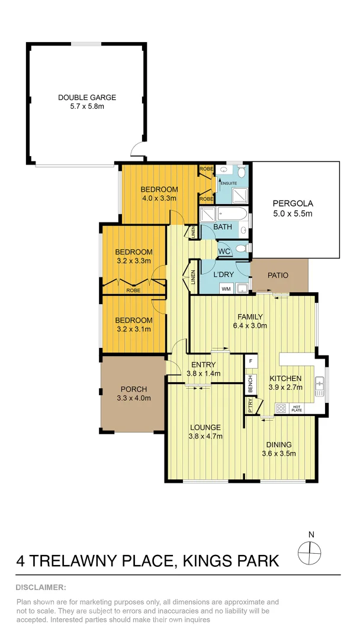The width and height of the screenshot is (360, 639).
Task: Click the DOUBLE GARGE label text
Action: (x=86, y=98)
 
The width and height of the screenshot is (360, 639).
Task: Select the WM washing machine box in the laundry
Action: (x=226, y=289)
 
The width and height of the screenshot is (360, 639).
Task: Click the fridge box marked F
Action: (x=251, y=360)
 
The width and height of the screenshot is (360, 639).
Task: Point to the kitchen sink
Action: (x=320, y=386)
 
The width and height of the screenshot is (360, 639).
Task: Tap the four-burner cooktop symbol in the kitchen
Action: (x=281, y=408)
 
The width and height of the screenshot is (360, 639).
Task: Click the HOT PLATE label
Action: (x=297, y=408)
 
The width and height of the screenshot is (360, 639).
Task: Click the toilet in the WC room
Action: (x=239, y=248)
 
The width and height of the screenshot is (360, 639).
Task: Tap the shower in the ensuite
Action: (x=207, y=214)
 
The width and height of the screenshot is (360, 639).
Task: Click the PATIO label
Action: (x=278, y=275)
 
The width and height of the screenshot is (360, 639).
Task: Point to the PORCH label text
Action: (x=133, y=389)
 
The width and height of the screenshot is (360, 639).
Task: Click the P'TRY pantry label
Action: (x=250, y=405)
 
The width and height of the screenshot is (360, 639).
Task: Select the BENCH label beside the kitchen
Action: (x=250, y=382)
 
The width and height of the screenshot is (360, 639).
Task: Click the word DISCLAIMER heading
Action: (x=41, y=588)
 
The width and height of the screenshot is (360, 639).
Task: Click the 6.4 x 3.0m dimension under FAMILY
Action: (x=250, y=325)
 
